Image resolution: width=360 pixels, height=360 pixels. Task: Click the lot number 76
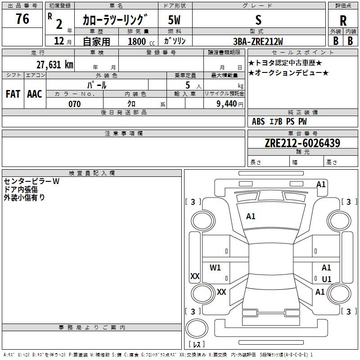point(22,19)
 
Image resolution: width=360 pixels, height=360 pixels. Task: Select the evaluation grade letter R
point(343,21)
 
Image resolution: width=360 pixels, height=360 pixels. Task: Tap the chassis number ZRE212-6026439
point(302,143)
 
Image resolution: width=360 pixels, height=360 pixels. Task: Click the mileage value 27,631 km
point(54,64)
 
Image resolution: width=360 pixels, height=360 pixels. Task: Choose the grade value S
point(258,20)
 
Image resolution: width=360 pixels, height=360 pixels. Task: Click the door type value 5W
point(175,20)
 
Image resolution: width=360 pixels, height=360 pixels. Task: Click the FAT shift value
point(13,94)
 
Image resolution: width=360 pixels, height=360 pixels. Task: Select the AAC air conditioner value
point(34,94)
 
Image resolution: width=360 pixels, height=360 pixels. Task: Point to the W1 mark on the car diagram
point(216,268)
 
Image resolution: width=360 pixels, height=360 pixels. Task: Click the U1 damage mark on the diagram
point(327,279)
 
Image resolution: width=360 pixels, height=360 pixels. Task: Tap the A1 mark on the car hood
point(251,216)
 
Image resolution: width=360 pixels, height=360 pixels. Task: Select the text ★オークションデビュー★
point(288,73)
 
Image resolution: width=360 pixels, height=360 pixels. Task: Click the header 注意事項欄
point(123,134)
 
